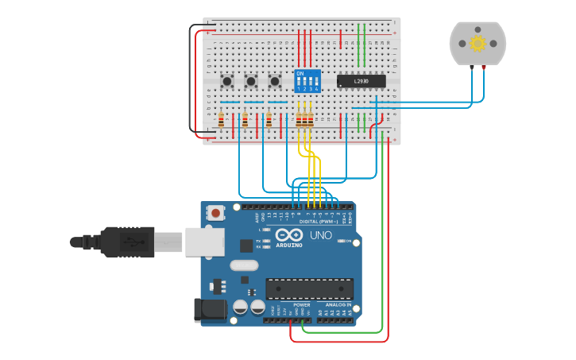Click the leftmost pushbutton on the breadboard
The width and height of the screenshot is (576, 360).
[x=227, y=81]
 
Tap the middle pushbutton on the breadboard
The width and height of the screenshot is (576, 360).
[x=251, y=81]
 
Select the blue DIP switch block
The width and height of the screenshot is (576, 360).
[x=307, y=81]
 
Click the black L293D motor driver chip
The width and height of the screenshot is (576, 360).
[x=361, y=80]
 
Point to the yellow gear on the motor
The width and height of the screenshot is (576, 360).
[x=477, y=43]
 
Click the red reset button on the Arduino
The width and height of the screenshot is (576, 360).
[x=215, y=212]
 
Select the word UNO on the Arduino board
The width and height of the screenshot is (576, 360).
[x=320, y=236]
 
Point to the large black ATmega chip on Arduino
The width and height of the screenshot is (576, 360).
[x=309, y=289]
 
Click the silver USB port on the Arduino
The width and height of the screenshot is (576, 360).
[x=204, y=242]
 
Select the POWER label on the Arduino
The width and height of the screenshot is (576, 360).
[x=302, y=304]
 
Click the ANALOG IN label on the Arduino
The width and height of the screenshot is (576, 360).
[x=337, y=304]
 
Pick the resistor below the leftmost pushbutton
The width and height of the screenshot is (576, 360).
[x=220, y=120]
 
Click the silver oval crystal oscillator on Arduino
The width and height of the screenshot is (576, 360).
[x=245, y=266]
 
